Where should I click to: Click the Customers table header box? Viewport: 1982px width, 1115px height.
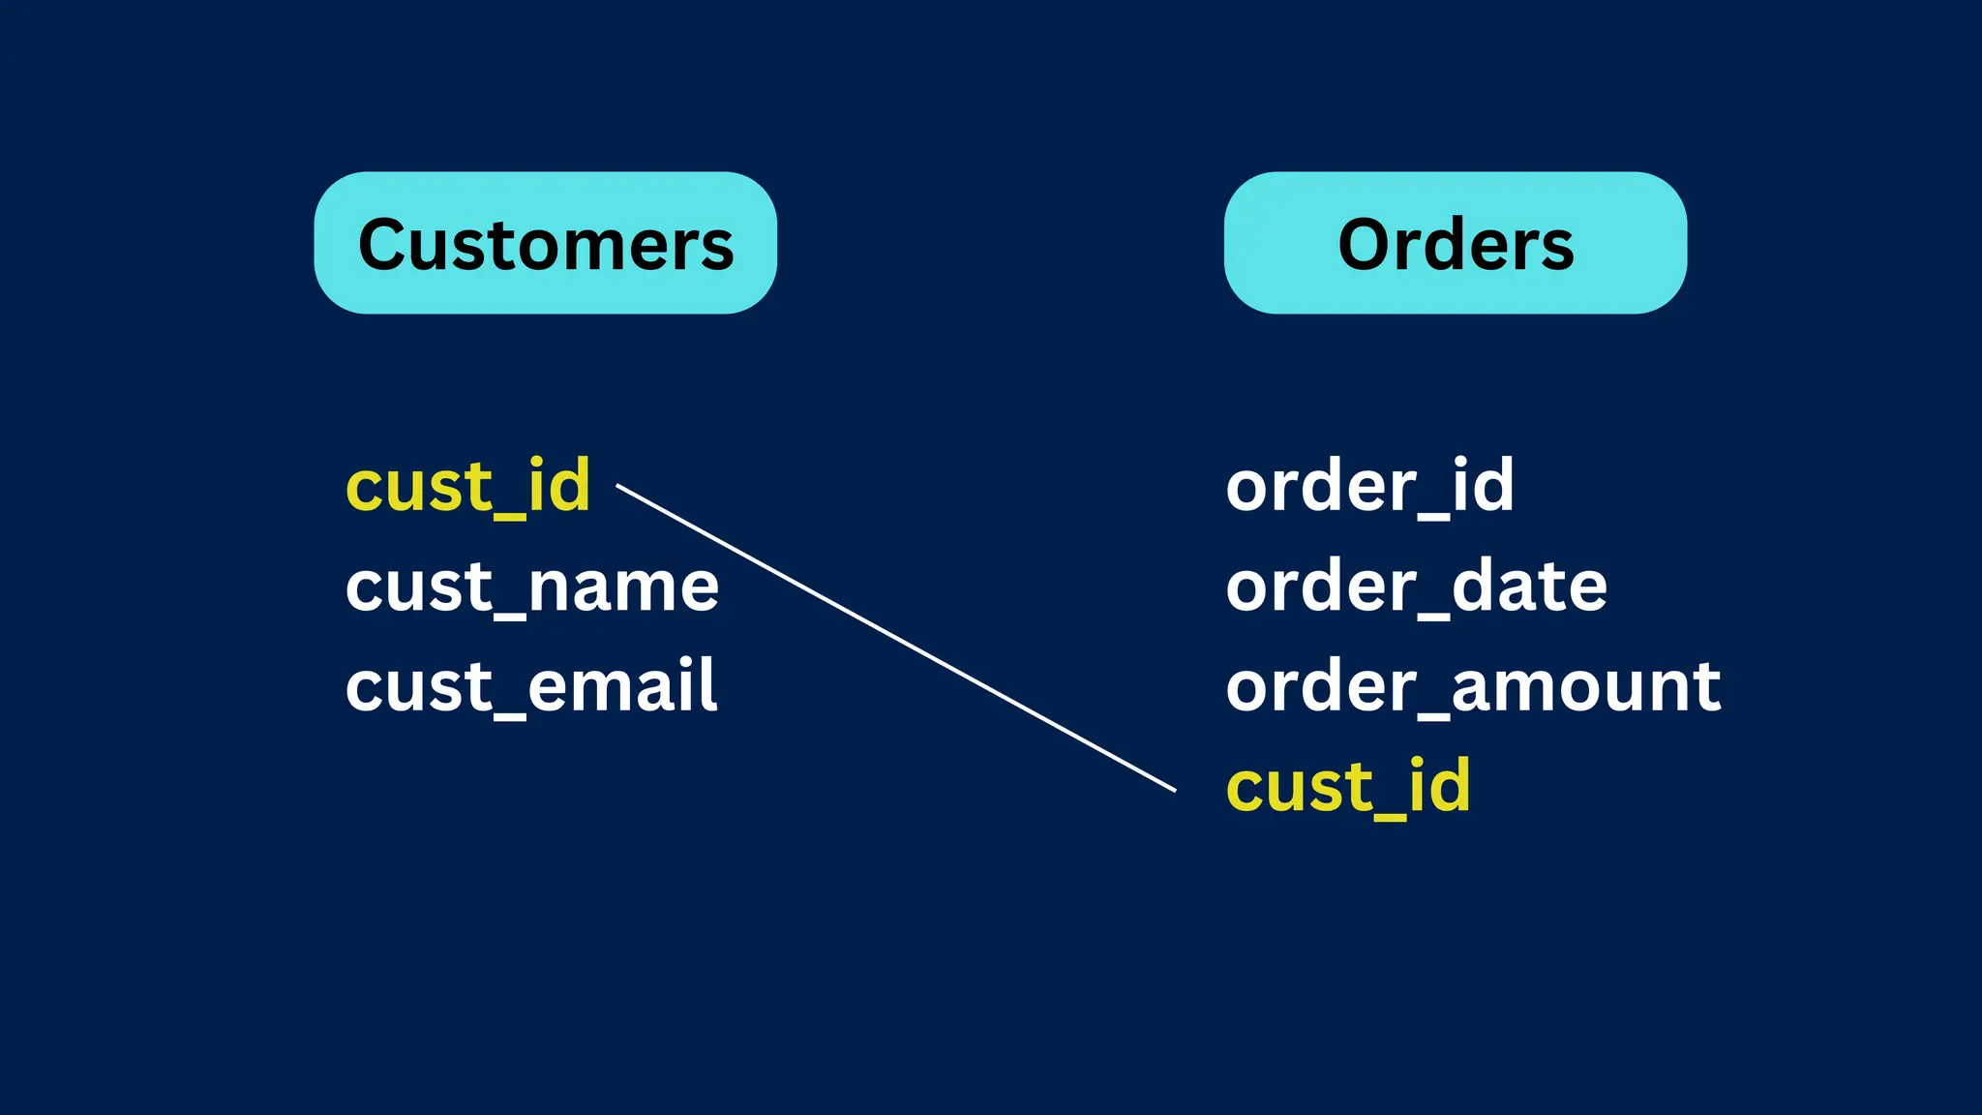545,243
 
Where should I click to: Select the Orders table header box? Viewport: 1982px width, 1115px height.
1455,243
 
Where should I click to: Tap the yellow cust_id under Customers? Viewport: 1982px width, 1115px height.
467,486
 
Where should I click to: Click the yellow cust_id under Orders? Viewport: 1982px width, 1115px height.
1347,786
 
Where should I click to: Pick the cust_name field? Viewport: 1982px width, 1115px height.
531,587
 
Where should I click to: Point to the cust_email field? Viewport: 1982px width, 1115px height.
530,686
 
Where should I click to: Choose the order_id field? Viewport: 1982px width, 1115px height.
1368,486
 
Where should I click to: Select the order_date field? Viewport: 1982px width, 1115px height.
1416,587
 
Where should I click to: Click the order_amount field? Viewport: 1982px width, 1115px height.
1472,686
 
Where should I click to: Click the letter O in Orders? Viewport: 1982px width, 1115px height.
1364,245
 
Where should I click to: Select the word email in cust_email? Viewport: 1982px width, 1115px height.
621,686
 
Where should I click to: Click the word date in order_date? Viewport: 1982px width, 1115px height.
1529,587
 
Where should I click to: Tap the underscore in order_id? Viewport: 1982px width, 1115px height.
1434,518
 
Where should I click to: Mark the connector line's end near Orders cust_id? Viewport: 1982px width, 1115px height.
1173,790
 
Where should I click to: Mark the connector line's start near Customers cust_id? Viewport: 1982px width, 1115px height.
619,487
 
